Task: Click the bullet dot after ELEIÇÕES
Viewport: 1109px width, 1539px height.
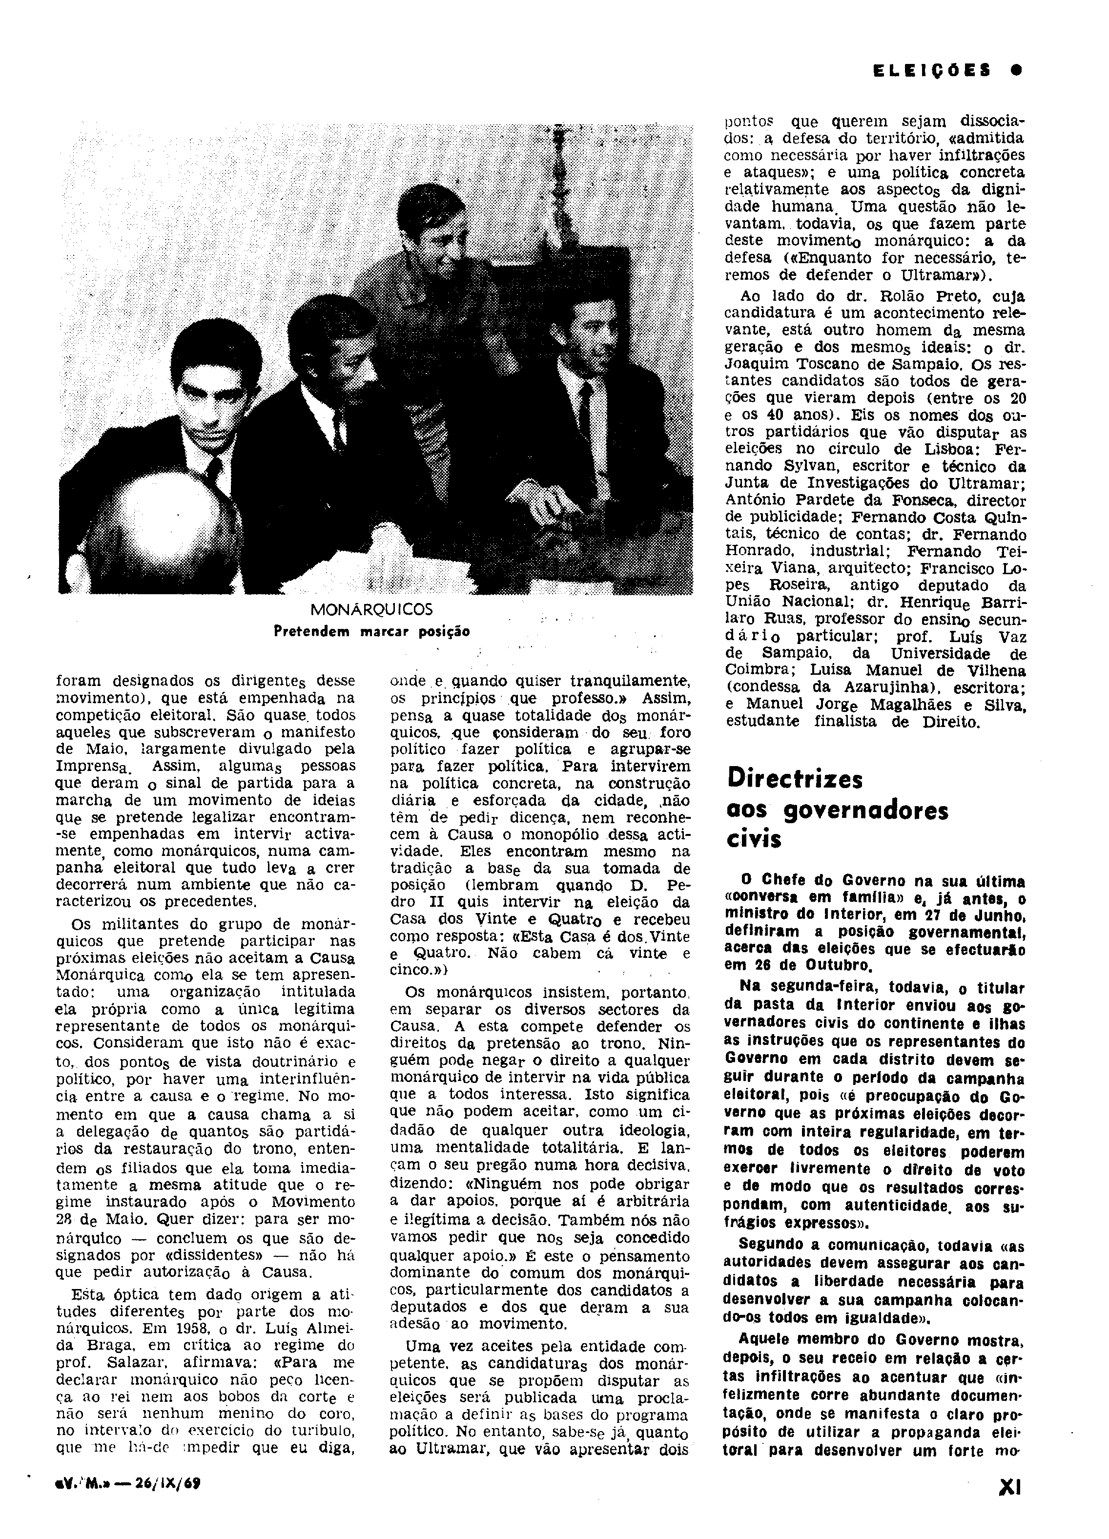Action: [x=1015, y=70]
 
